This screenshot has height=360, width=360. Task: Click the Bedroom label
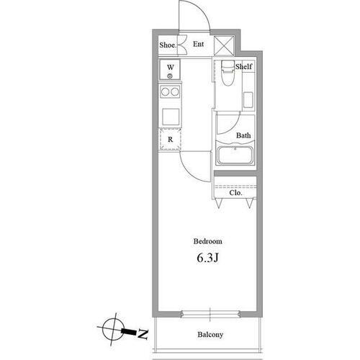208,241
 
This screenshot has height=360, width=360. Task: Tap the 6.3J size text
208,258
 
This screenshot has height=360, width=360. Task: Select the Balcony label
210,335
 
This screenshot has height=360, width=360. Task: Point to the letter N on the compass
143,334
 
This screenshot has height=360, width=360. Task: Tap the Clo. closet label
235,193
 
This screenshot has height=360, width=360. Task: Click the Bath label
243,135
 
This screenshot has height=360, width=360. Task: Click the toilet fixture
228,73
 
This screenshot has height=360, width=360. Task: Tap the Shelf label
243,66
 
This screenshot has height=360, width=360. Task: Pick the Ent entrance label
198,44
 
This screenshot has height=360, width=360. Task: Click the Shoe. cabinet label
168,45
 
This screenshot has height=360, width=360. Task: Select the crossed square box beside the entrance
224,45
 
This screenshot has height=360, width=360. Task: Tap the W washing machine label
171,67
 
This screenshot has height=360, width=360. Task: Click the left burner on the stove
165,91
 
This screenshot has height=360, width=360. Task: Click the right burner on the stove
175,91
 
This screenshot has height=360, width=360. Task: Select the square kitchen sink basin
171,117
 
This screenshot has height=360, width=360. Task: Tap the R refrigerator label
170,140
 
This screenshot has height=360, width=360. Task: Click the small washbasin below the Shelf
248,100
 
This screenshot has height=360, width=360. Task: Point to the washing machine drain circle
170,76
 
